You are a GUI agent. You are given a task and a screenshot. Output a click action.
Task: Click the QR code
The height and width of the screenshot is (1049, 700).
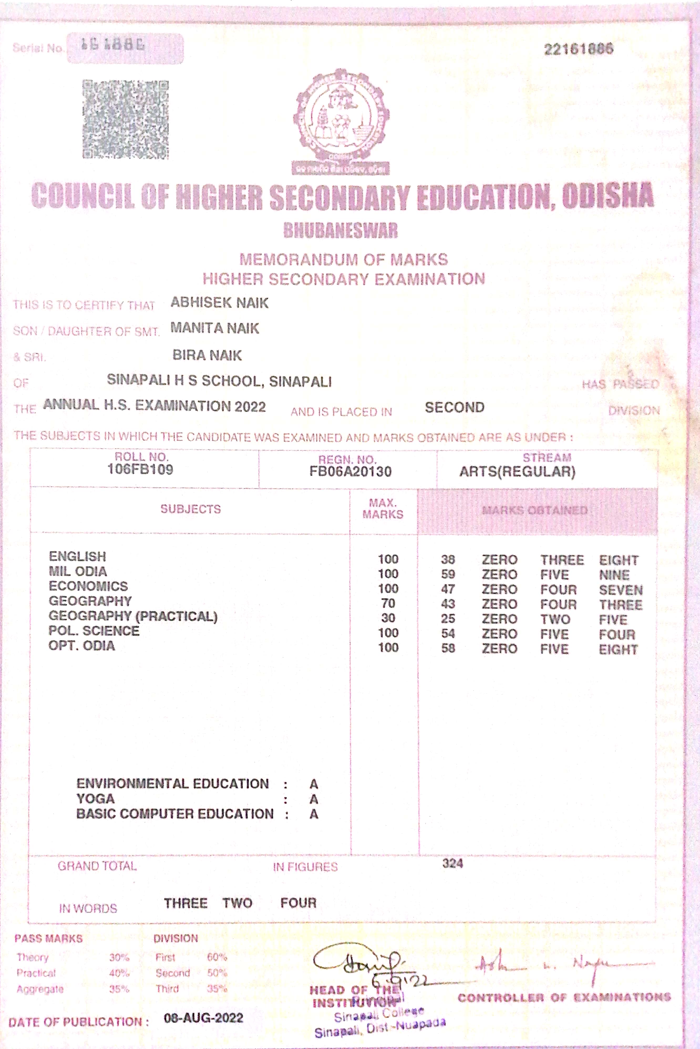pos(125,119)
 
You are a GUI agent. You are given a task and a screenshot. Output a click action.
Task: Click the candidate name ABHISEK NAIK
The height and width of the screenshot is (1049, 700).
pos(219,303)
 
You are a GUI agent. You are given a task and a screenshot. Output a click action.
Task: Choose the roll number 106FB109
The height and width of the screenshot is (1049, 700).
pos(140,469)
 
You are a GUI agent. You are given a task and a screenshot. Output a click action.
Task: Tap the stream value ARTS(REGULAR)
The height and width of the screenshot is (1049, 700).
pos(517,471)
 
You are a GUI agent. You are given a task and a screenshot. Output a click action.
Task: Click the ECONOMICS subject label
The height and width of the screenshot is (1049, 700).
pos(88,586)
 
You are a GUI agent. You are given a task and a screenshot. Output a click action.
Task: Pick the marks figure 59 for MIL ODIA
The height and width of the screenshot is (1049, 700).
pos(448,574)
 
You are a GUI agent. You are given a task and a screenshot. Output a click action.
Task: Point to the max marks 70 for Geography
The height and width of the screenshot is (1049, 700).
pos(388,604)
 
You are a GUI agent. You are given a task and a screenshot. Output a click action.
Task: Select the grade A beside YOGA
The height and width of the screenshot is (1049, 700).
pos(313,799)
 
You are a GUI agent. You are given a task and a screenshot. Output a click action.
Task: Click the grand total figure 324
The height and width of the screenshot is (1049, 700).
pos(452,863)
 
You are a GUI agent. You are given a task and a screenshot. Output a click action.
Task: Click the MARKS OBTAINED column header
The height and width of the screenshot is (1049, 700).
pos(534,510)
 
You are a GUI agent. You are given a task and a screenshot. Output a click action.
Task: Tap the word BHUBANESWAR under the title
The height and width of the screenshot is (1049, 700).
pos(340,230)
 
